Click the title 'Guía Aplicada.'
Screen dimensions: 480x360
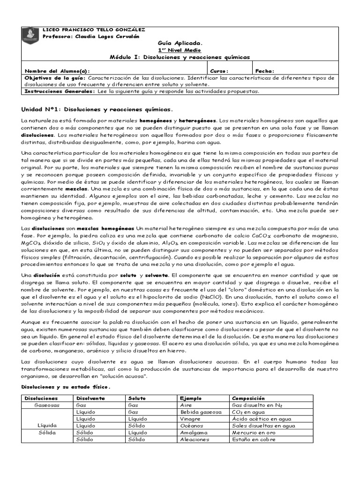pyautogui.click(x=180, y=42)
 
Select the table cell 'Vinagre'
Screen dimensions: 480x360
pyautogui.click(x=191, y=419)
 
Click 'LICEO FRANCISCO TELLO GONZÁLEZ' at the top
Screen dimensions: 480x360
pyautogui.click(x=94, y=30)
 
